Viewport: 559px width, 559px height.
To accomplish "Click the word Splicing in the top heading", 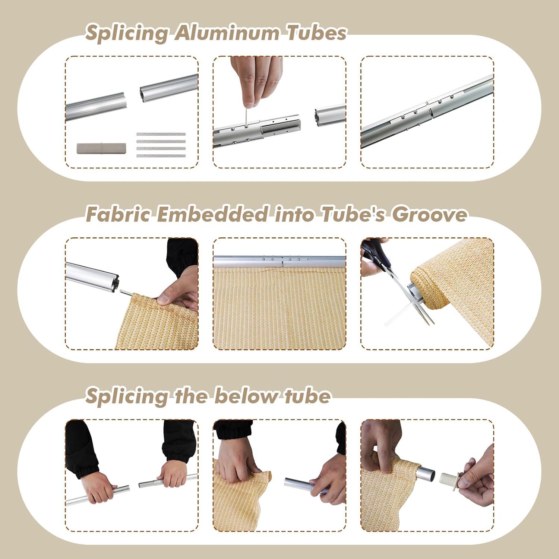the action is click(127, 34).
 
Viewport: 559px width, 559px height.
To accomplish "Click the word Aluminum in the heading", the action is click(227, 33).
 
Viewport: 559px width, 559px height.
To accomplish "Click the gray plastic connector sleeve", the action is click(101, 148).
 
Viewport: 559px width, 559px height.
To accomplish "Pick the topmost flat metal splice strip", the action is click(161, 134).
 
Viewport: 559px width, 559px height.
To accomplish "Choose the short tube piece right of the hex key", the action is click(329, 116).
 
